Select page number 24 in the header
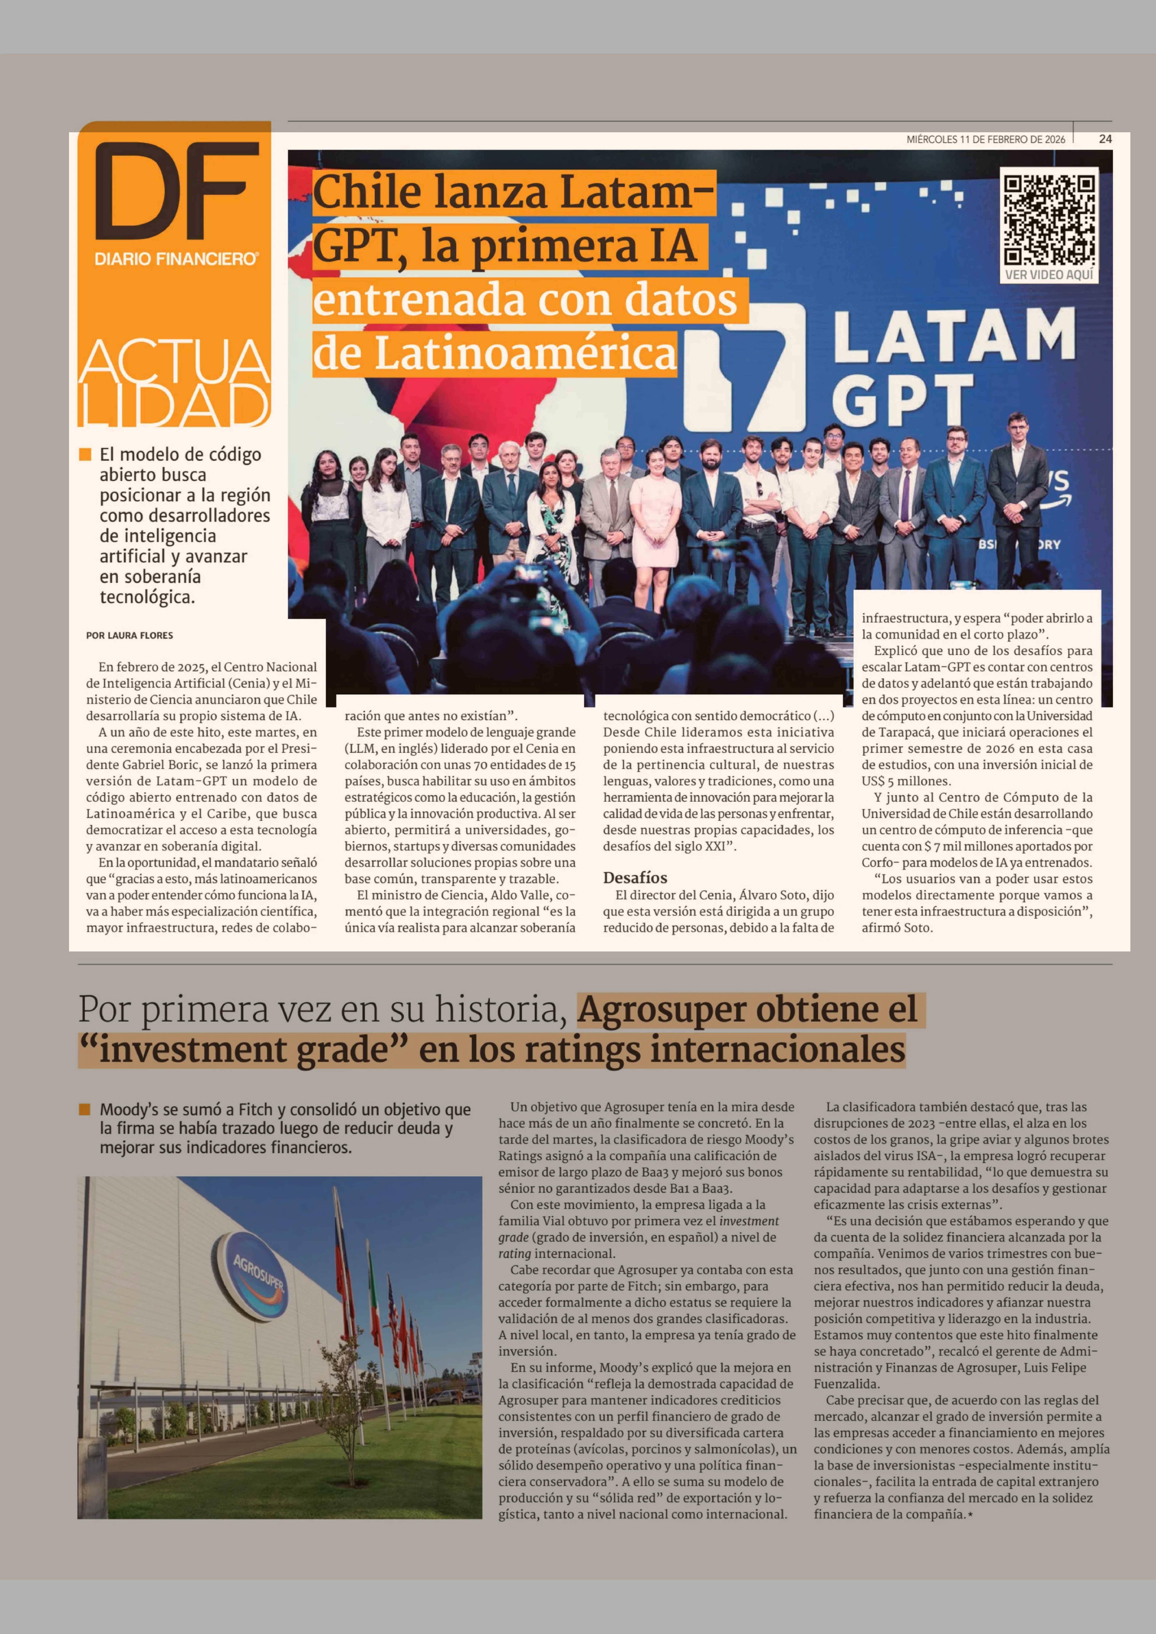pos(1105,139)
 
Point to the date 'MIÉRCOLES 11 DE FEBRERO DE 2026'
pos(986,139)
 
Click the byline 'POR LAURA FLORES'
pos(130,635)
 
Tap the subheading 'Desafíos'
pos(635,878)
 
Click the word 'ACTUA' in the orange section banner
pos(174,363)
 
